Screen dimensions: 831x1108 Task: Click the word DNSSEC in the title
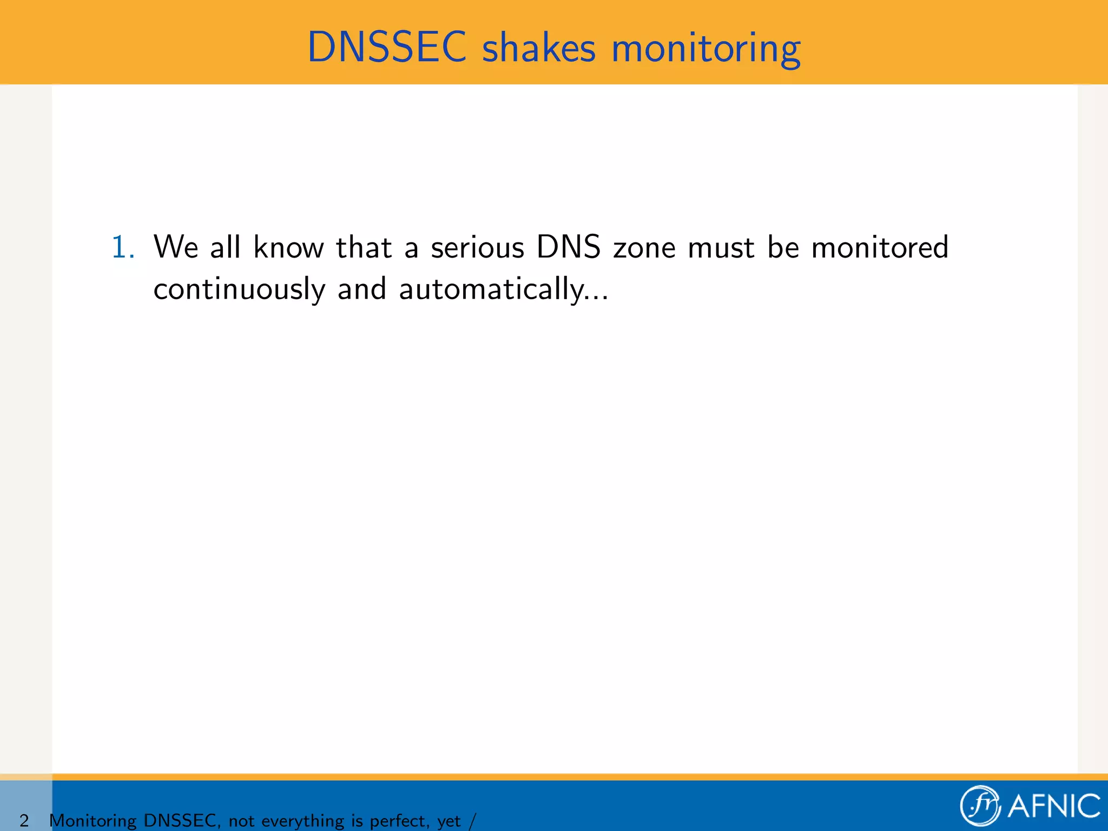(386, 48)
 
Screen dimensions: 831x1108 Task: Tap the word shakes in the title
(538, 48)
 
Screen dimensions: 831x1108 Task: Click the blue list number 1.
(123, 247)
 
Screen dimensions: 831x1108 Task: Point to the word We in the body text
(176, 247)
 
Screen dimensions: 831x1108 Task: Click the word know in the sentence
(288, 247)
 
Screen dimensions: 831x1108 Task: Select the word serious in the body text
(477, 248)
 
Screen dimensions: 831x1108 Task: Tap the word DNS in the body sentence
(568, 247)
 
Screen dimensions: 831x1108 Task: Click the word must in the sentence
(721, 248)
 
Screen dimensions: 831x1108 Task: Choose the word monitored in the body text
(880, 247)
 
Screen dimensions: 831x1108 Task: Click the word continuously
(239, 289)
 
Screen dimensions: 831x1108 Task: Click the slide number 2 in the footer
(24, 821)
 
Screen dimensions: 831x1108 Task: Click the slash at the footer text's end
(473, 821)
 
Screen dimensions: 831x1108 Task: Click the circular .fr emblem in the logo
(980, 806)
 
